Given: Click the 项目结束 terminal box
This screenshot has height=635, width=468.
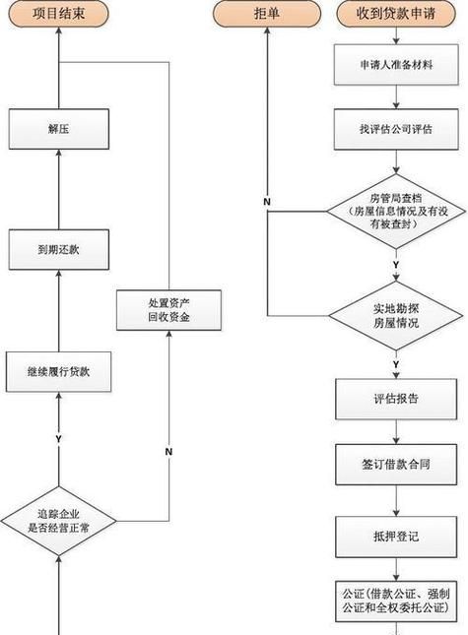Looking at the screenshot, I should tap(58, 14).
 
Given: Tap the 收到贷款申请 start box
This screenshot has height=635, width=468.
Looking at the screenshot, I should tap(396, 14).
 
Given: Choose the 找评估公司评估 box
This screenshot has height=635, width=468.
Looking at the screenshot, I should tap(396, 129).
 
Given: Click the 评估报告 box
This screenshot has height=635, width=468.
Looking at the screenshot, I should tap(396, 399).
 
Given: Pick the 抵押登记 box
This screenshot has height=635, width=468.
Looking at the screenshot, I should tap(396, 538).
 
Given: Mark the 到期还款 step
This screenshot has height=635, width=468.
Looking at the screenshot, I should tap(58, 250).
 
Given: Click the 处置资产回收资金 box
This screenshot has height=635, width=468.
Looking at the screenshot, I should tap(168, 310).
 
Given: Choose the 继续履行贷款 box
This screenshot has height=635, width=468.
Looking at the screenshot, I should tap(58, 371).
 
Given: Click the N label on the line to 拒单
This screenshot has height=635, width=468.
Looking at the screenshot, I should tap(266, 201).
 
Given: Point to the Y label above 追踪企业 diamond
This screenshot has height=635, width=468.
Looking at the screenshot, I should tap(58, 437).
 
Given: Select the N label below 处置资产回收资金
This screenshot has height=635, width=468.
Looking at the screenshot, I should tap(168, 451).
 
